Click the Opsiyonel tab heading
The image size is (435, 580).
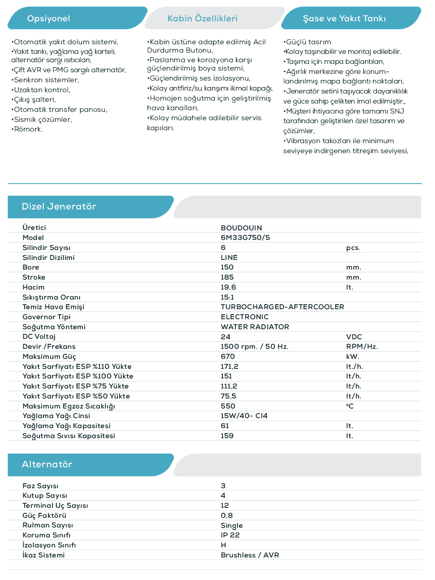coord(48,18)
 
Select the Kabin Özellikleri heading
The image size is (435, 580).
coord(202,18)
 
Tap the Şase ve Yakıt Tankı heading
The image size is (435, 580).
coord(344,18)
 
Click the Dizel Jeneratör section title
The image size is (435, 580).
coord(59,207)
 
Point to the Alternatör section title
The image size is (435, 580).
coord(47,464)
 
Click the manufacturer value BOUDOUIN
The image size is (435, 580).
coord(241,228)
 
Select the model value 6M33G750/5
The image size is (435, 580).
coord(245,237)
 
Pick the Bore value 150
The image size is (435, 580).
coord(227,267)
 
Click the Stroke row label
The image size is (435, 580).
coord(34,277)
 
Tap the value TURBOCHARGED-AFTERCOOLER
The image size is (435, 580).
coord(282,307)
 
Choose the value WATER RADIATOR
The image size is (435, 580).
coord(255,327)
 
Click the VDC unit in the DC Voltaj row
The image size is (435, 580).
coord(354,337)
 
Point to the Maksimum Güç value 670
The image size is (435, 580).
coord(227,357)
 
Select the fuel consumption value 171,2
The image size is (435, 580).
coord(229,367)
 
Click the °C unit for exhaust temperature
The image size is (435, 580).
coord(350,406)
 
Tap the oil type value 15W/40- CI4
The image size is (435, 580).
coord(244,416)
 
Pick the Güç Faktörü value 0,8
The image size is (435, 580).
coord(227,516)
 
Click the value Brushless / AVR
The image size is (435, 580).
coord(250,555)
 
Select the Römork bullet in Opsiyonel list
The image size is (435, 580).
coord(28,129)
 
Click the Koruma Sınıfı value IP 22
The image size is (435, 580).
coord(230,535)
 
